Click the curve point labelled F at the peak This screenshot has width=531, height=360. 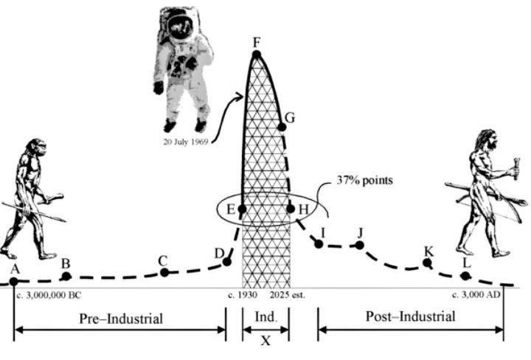pos(257,54)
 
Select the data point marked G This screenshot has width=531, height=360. pos(282,127)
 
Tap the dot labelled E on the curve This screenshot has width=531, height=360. pos(242,209)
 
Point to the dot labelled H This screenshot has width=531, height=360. pos(291,209)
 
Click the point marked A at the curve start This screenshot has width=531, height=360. pos(14,281)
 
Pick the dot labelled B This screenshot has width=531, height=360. pos(66,276)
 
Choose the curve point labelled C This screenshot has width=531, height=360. pos(164,272)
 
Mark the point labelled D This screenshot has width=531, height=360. pos(226,261)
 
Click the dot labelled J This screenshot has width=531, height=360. pos(360,244)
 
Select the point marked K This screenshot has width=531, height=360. pos(426,262)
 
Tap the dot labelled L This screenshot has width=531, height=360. pos(465,275)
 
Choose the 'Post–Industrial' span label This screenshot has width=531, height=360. pos(411,317)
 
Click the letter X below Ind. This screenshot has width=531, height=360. pos(266,341)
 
